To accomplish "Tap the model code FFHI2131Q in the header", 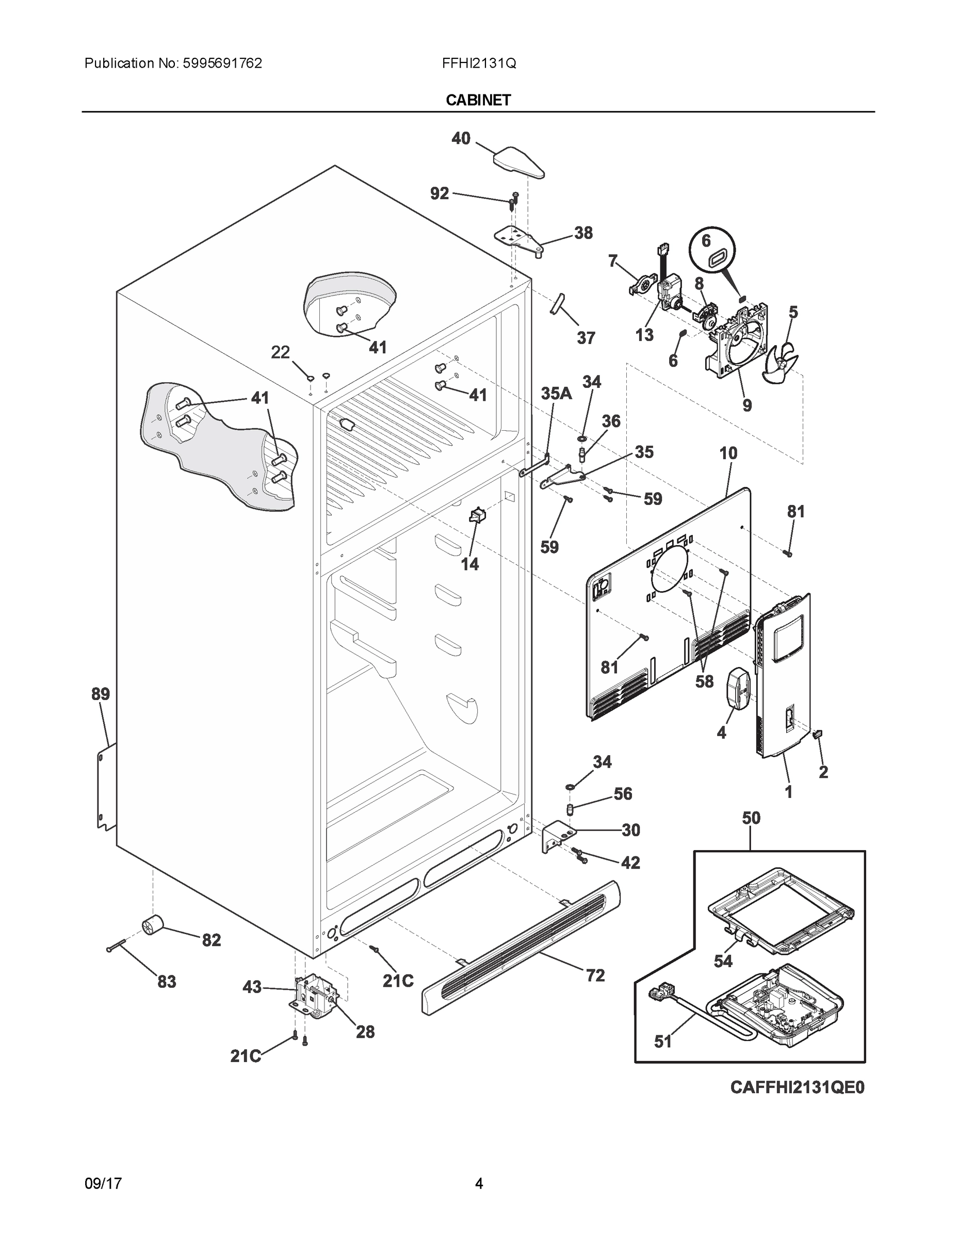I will (x=479, y=63).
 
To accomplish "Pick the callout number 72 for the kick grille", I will (x=595, y=975).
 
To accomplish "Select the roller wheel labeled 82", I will (x=152, y=927).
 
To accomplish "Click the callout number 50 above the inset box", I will (x=751, y=818).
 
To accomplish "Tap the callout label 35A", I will (x=556, y=394).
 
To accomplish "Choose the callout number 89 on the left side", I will (x=101, y=694).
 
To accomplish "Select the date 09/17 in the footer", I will (x=103, y=1184).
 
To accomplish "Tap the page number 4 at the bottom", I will (x=479, y=1184).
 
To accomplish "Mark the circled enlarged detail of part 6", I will (x=712, y=251).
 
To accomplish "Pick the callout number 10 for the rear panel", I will (x=728, y=453).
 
